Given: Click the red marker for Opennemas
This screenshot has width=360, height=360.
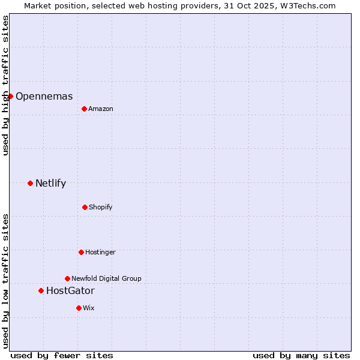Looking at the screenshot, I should pyautogui.click(x=10, y=96).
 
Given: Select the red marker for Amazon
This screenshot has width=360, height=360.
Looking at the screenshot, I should pyautogui.click(x=84, y=109).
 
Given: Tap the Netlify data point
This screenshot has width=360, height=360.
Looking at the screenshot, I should pyautogui.click(x=30, y=183).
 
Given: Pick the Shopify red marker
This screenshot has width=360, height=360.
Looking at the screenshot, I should pyautogui.click(x=85, y=207).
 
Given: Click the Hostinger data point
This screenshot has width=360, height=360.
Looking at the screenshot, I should pyautogui.click(x=81, y=252).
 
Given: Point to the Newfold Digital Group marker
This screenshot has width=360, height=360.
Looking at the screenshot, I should pyautogui.click(x=67, y=278).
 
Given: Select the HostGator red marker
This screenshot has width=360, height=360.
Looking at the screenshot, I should pyautogui.click(x=41, y=290).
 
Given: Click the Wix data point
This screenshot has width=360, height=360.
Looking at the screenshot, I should pyautogui.click(x=79, y=308).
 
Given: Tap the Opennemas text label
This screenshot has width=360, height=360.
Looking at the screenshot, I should pyautogui.click(x=44, y=96).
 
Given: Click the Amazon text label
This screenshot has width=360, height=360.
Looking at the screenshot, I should pyautogui.click(x=101, y=109).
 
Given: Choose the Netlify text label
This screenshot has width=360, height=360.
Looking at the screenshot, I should pyautogui.click(x=51, y=183).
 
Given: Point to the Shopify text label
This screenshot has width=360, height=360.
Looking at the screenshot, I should pyautogui.click(x=101, y=207).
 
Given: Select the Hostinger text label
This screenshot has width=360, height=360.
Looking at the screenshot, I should pyautogui.click(x=101, y=252).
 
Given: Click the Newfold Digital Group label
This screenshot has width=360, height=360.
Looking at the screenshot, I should pyautogui.click(x=107, y=278).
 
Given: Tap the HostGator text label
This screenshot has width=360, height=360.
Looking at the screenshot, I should pyautogui.click(x=70, y=290).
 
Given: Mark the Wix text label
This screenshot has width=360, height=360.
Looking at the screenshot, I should pyautogui.click(x=89, y=308).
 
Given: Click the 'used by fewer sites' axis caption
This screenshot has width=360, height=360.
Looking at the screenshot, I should pyautogui.click(x=62, y=355).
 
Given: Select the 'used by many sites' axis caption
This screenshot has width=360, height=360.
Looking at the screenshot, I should pyautogui.click(x=301, y=355).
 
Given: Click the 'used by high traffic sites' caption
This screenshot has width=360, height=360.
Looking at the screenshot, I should pyautogui.click(x=5, y=85).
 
